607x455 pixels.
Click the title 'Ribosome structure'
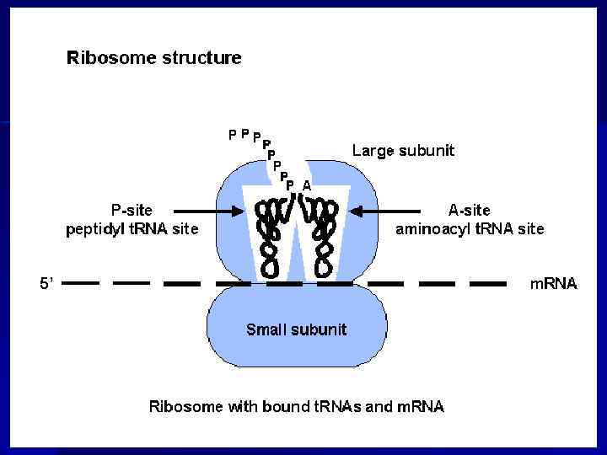(x=154, y=58)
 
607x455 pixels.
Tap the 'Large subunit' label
(x=403, y=151)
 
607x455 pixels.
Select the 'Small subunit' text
(x=296, y=329)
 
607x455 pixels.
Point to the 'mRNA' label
(x=553, y=284)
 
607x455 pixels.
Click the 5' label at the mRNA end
(x=46, y=284)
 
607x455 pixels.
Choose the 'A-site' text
(x=469, y=211)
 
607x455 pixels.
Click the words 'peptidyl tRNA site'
(x=133, y=228)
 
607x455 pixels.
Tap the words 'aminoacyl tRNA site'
(x=470, y=228)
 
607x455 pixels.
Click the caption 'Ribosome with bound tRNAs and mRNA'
(x=296, y=406)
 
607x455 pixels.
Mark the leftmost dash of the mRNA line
(x=80, y=284)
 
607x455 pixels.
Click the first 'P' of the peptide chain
(x=233, y=133)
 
